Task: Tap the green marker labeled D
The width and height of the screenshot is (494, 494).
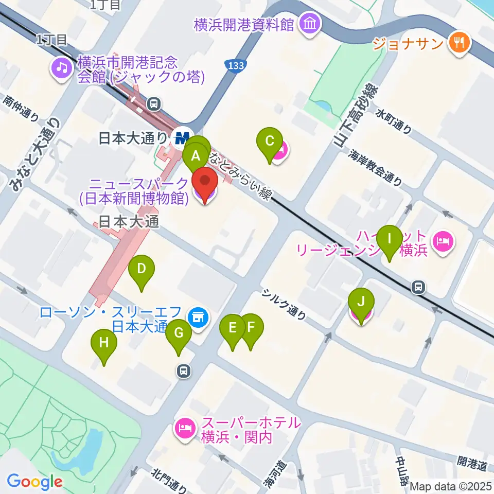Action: click(x=141, y=269)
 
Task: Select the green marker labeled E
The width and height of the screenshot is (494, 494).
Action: click(x=233, y=328)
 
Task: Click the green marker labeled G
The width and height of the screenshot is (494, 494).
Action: click(x=179, y=333)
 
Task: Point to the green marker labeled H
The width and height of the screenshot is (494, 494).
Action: click(x=104, y=343)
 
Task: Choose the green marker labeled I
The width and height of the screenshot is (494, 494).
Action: click(x=390, y=239)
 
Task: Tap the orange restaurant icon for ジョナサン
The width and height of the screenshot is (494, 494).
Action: click(x=459, y=42)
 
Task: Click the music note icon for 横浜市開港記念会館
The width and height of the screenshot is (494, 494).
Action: click(x=61, y=68)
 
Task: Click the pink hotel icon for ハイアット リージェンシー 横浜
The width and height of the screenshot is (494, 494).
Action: click(x=443, y=240)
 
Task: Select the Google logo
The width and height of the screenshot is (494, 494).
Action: click(x=35, y=481)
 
